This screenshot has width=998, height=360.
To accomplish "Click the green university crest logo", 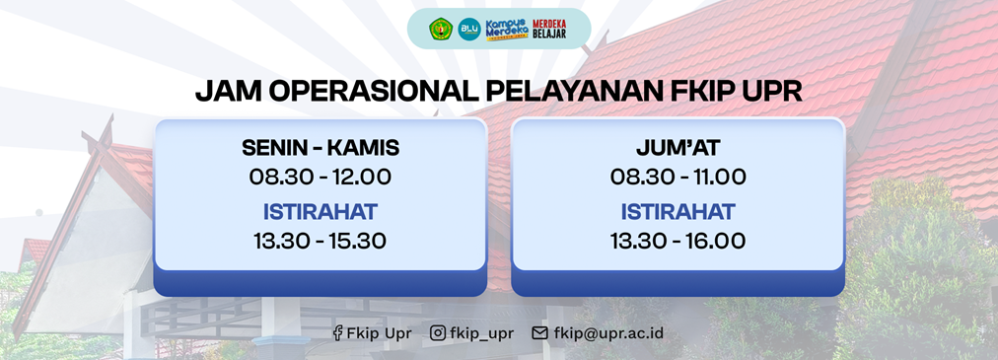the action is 441,30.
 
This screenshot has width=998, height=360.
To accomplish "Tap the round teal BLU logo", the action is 469,30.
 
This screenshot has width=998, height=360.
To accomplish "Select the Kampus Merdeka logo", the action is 507,30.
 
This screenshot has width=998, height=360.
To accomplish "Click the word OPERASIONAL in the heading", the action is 373,93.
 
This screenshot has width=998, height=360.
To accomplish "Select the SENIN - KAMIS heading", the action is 321,148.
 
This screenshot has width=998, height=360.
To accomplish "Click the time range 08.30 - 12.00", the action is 321,177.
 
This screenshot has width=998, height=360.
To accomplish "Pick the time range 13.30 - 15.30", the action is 321,241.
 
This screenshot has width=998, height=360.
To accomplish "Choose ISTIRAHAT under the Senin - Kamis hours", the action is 321,212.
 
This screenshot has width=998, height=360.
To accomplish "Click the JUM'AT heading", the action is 677,148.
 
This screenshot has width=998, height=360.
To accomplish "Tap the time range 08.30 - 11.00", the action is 677,177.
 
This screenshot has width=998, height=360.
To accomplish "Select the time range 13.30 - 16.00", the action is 677,241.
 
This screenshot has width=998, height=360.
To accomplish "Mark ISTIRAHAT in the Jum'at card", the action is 677,212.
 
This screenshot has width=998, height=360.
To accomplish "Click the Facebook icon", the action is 337,333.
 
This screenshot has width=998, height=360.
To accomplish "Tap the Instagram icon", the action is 438,333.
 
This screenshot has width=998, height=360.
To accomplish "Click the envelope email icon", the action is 539,333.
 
